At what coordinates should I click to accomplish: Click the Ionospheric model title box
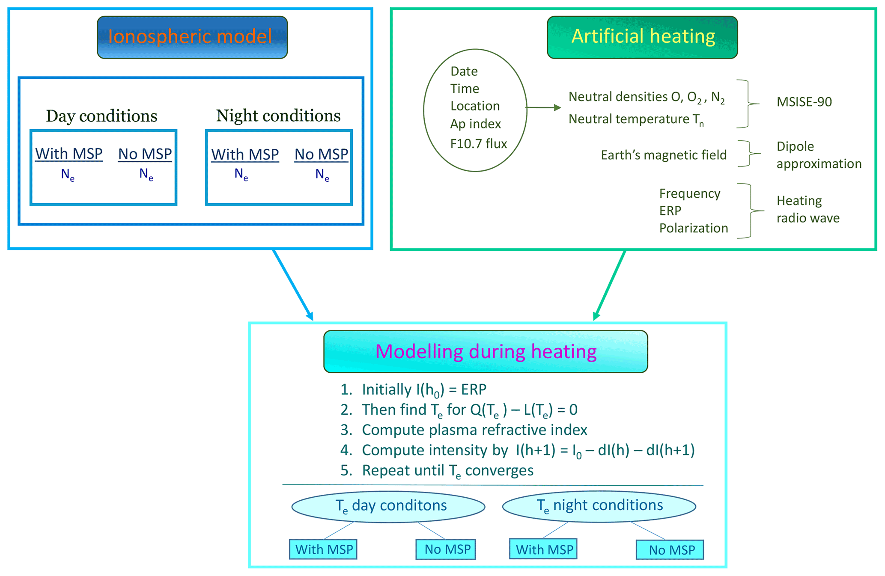192,37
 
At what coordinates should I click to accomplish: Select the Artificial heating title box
642,37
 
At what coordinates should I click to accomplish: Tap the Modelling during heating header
486,351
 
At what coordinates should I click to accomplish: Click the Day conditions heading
101,116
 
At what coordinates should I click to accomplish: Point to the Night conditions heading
278,116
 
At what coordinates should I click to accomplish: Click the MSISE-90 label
804,102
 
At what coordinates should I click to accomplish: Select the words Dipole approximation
819,155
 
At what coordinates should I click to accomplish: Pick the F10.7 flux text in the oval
478,144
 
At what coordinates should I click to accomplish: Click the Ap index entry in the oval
475,124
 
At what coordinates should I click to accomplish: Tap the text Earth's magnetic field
663,155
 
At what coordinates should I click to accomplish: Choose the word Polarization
693,228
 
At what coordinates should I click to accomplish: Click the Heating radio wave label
808,209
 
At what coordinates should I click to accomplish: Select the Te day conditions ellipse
388,506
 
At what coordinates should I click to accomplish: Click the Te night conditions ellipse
599,506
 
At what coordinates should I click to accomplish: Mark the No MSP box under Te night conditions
670,550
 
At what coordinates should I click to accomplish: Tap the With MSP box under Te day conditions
323,549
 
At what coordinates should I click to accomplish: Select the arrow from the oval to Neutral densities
543,108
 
